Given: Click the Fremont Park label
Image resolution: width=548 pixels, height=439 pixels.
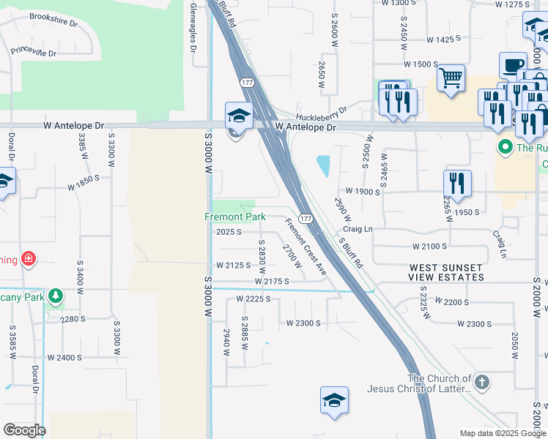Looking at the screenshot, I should (x=234, y=217).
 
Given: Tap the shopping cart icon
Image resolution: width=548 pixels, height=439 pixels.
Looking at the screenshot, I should (x=451, y=77).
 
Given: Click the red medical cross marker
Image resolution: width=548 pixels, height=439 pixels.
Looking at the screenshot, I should (x=29, y=259).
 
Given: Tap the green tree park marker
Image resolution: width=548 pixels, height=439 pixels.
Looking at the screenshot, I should (x=56, y=296).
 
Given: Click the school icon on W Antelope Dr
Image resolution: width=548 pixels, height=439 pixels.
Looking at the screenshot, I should (x=239, y=116).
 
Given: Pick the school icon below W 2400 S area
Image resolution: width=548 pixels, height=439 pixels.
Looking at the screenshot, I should (x=334, y=400).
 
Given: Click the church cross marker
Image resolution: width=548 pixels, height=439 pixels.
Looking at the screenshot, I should (x=481, y=381).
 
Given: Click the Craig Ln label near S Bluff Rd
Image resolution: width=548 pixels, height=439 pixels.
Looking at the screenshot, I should (x=358, y=229).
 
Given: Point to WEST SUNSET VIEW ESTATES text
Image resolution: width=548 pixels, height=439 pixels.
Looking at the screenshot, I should (x=446, y=273).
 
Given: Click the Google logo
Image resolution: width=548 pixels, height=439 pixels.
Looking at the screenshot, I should (x=24, y=430).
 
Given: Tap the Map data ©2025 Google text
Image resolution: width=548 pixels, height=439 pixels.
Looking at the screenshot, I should (x=502, y=433).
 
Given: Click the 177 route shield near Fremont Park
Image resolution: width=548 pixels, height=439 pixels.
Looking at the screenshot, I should (x=306, y=219).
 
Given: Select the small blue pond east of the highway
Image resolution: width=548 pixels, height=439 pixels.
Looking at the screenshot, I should (x=322, y=166).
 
